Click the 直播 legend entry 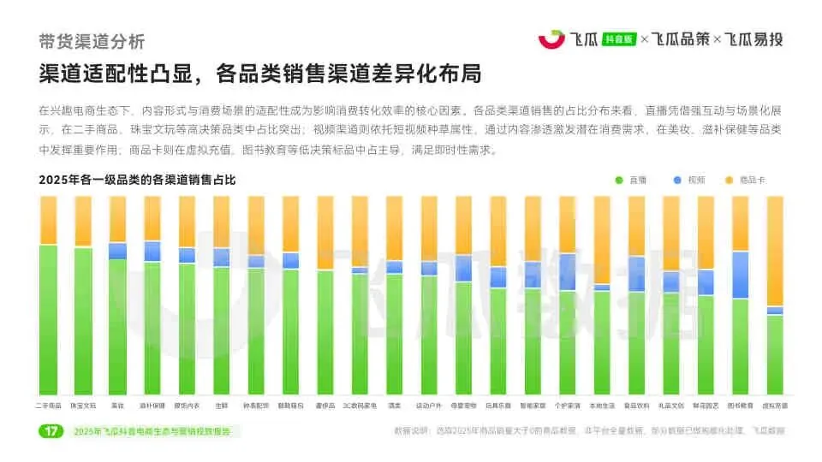click(631, 180)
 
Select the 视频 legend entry click(688, 180)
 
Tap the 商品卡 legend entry click(745, 180)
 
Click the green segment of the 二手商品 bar click(48, 319)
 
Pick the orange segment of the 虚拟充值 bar click(774, 250)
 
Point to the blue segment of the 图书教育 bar click(740, 275)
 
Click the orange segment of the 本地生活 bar click(601, 240)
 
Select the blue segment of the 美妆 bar click(117, 251)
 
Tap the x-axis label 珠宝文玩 click(83, 405)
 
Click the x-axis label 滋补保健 click(152, 405)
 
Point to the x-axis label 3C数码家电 click(360, 405)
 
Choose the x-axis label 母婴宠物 click(463, 405)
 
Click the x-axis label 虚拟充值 click(774, 405)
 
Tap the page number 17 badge click(51, 431)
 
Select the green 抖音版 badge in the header click(619, 39)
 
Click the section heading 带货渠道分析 click(92, 41)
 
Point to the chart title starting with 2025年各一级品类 click(136, 180)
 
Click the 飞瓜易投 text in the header click(754, 38)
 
